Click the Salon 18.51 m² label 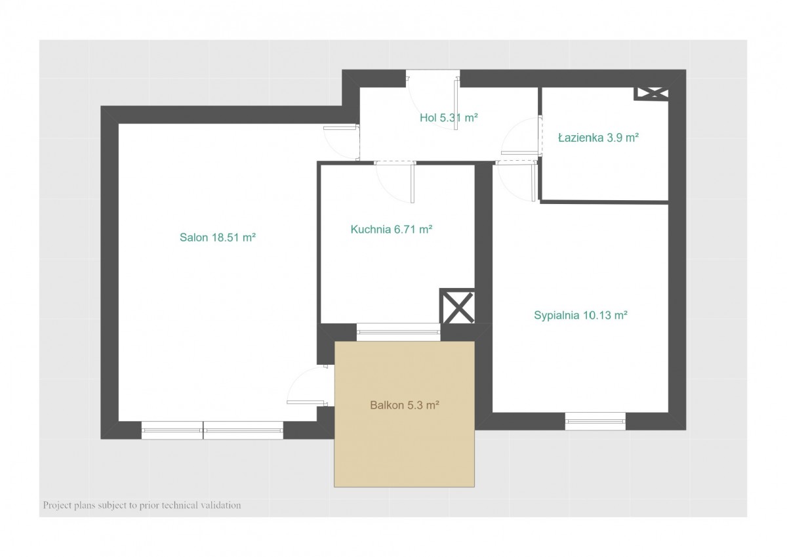218,237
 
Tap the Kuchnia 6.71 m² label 391,230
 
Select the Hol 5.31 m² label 449,117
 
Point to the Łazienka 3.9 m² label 598,137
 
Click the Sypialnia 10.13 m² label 580,315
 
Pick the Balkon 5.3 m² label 405,405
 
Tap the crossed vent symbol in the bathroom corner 651,93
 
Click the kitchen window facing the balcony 399,332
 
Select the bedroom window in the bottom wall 595,421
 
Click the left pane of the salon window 172,430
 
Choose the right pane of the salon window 243,430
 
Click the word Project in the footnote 57,506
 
